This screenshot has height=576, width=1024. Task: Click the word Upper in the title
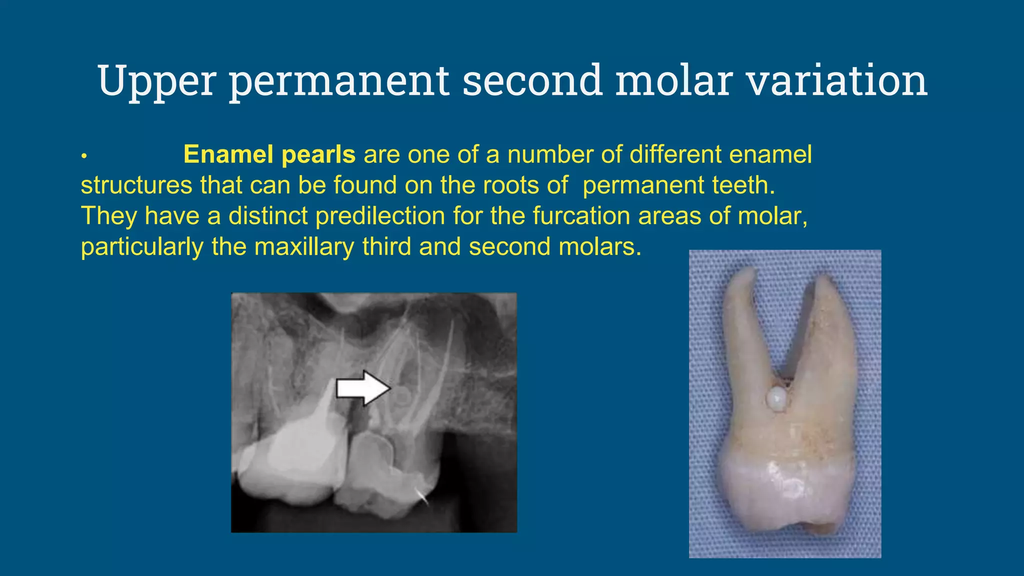click(156, 80)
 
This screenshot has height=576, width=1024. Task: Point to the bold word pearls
click(318, 154)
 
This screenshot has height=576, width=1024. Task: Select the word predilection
click(380, 216)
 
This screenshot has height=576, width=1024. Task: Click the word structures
click(136, 185)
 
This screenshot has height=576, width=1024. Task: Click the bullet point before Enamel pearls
click(84, 156)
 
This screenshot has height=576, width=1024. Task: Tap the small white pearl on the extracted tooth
click(776, 398)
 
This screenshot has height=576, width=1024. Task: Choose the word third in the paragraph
click(387, 247)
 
